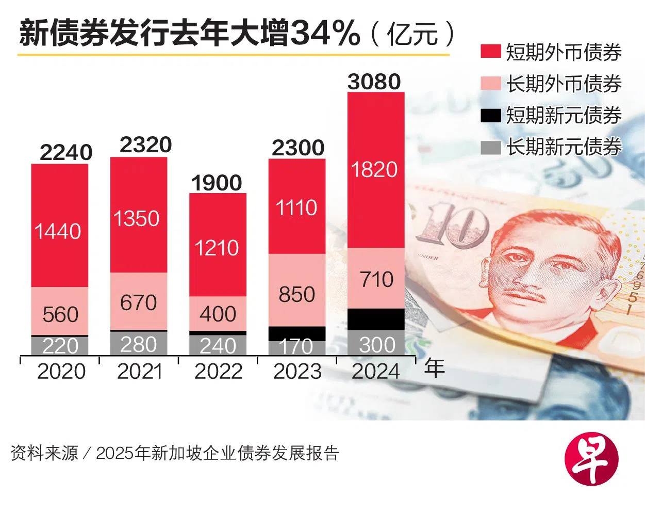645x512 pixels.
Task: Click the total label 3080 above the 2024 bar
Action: [x=374, y=82]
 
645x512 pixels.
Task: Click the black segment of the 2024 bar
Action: [x=376, y=319]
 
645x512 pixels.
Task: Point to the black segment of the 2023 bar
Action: [x=297, y=333]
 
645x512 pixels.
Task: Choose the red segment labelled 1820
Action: [x=376, y=170]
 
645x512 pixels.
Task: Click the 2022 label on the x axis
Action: [x=218, y=372]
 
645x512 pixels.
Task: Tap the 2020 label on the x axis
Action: [x=61, y=372]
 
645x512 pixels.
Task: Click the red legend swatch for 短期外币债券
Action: [x=490, y=52]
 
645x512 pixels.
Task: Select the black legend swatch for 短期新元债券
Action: [x=490, y=115]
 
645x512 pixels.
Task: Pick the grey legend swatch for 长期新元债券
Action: [x=490, y=147]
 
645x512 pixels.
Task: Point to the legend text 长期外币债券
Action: [x=564, y=84]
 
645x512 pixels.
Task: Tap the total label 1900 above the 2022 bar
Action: [x=217, y=183]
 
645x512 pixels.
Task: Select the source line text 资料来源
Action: [x=44, y=453]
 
